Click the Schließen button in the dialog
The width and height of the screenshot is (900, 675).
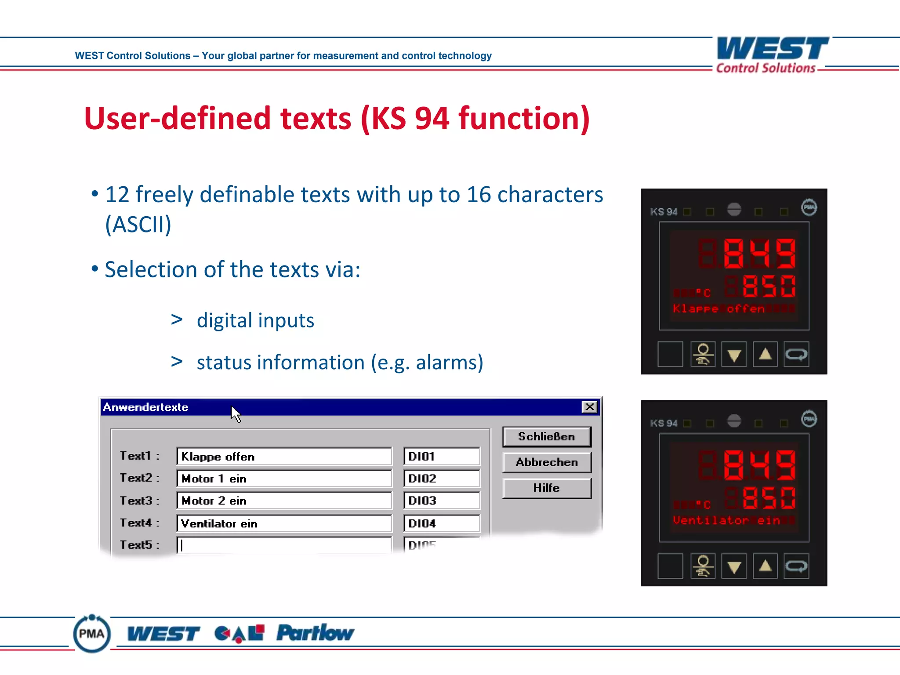point(547,437)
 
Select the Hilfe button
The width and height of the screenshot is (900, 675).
point(547,488)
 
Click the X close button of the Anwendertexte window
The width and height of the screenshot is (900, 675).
point(589,407)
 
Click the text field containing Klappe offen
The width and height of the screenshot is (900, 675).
point(284,457)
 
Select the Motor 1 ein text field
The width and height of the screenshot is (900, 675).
point(284,479)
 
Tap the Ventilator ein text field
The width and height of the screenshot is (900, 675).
point(284,523)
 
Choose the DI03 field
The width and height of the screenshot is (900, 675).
point(442,501)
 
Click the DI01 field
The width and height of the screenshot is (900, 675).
point(442,457)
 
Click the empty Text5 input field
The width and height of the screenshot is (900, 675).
point(284,545)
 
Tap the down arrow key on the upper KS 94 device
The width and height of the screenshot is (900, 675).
point(734,354)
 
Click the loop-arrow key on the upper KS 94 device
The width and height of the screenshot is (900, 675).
point(796,354)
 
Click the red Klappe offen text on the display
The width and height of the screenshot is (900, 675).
point(719,309)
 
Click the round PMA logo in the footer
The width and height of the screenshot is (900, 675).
point(92,634)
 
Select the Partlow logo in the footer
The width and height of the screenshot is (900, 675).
point(315,633)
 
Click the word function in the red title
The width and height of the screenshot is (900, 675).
point(524,119)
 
